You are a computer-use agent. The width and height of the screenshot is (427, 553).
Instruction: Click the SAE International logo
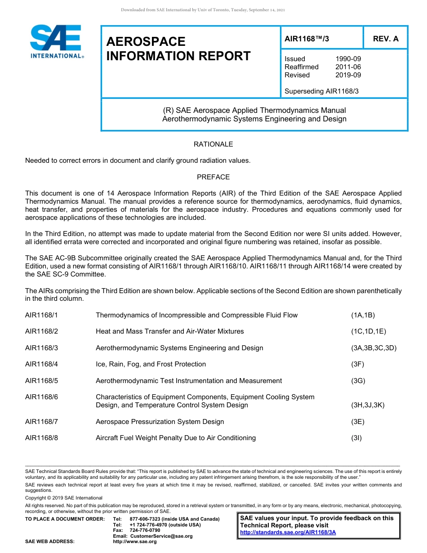click(x=56, y=41)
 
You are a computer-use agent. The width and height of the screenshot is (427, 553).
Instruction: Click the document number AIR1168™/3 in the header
click(x=307, y=39)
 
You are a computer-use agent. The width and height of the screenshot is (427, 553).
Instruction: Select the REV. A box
click(x=385, y=39)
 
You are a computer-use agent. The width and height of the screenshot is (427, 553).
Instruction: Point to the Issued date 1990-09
click(x=348, y=59)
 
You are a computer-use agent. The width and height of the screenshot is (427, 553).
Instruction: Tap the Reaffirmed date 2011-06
click(x=348, y=67)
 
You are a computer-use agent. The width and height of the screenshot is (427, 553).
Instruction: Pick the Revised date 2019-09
click(x=348, y=75)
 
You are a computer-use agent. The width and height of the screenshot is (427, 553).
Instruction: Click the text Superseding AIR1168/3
click(x=321, y=91)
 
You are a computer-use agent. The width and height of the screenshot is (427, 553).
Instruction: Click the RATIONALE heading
click(x=213, y=144)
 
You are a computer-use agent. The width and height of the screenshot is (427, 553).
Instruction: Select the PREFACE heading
click(x=213, y=177)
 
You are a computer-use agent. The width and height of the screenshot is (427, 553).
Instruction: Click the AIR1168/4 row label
click(x=41, y=364)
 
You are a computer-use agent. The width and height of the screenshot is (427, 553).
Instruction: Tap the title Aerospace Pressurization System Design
click(x=160, y=422)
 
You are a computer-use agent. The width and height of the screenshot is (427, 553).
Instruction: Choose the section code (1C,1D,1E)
click(x=368, y=331)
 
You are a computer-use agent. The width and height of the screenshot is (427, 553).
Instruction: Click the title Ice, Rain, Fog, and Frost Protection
click(x=151, y=364)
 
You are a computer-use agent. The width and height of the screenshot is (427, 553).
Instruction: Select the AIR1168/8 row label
click(x=41, y=438)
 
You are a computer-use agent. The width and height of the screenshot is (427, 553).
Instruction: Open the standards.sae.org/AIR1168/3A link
click(x=288, y=532)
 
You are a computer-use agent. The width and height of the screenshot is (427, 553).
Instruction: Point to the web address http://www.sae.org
click(x=135, y=542)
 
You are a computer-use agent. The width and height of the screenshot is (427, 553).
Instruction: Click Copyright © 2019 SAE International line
click(x=64, y=498)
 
